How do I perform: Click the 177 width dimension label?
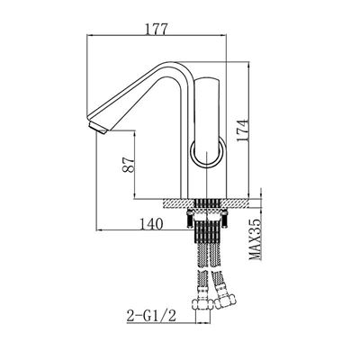pyautogui.click(x=156, y=29)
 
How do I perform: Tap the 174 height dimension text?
pyautogui.click(x=242, y=130)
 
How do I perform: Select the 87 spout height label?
pyautogui.click(x=128, y=165)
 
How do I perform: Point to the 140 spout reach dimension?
pyautogui.click(x=151, y=223)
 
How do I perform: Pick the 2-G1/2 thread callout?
pyautogui.click(x=151, y=316)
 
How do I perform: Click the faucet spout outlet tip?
pyautogui.click(x=98, y=128)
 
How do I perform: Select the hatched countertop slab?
pyautogui.click(x=206, y=203)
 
